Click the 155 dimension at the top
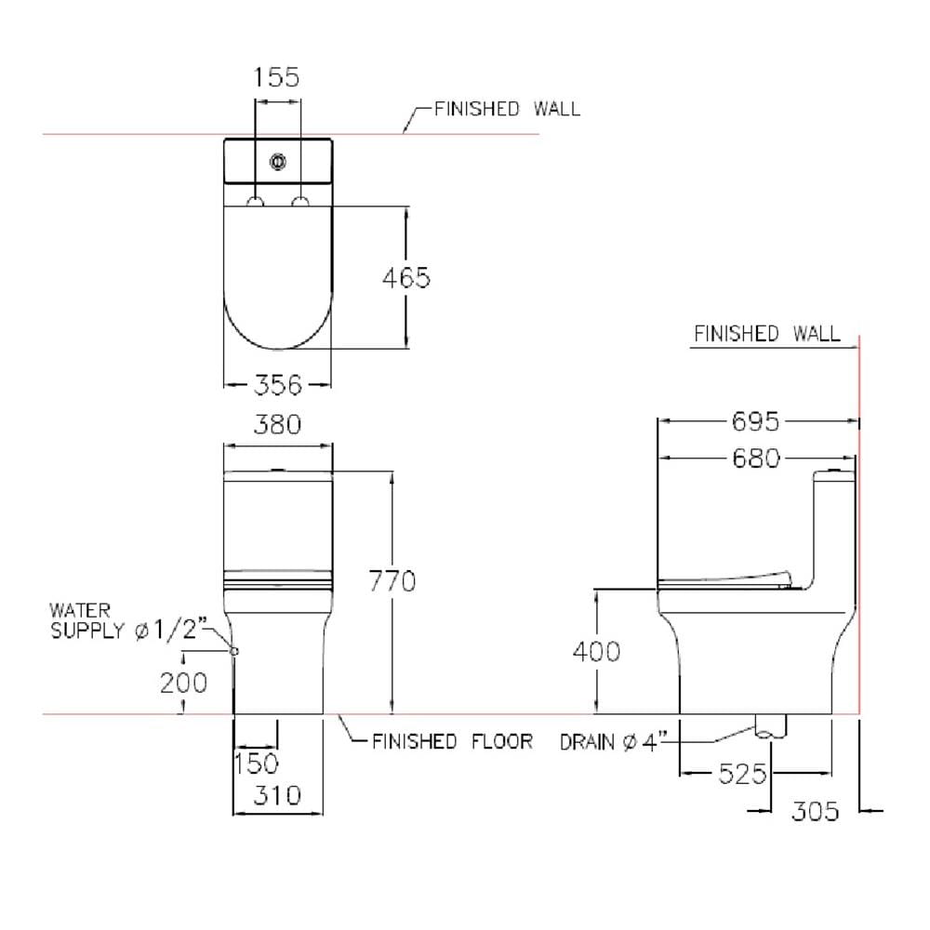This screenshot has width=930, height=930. click(276, 77)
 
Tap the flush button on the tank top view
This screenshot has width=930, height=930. click(277, 161)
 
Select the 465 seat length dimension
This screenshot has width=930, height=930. click(406, 277)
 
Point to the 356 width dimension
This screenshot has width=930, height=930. click(278, 385)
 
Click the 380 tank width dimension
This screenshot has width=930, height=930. click(277, 425)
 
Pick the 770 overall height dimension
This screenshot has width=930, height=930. click(392, 581)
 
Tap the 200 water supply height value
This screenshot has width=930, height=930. click(184, 683)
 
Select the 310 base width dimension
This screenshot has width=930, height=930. click(277, 795)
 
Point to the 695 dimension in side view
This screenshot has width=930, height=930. click(755, 421)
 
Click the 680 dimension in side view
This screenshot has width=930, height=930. click(755, 458)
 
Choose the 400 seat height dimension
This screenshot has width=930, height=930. click(597, 651)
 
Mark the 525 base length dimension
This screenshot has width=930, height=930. click(742, 774)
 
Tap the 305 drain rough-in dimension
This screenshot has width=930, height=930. click(816, 811)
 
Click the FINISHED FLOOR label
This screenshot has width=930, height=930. click(453, 741)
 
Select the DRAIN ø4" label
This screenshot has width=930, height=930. click(614, 742)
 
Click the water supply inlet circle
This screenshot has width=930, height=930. click(234, 651)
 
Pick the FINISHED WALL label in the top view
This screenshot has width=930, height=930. click(508, 109)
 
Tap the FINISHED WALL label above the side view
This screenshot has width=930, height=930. click(767, 334)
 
